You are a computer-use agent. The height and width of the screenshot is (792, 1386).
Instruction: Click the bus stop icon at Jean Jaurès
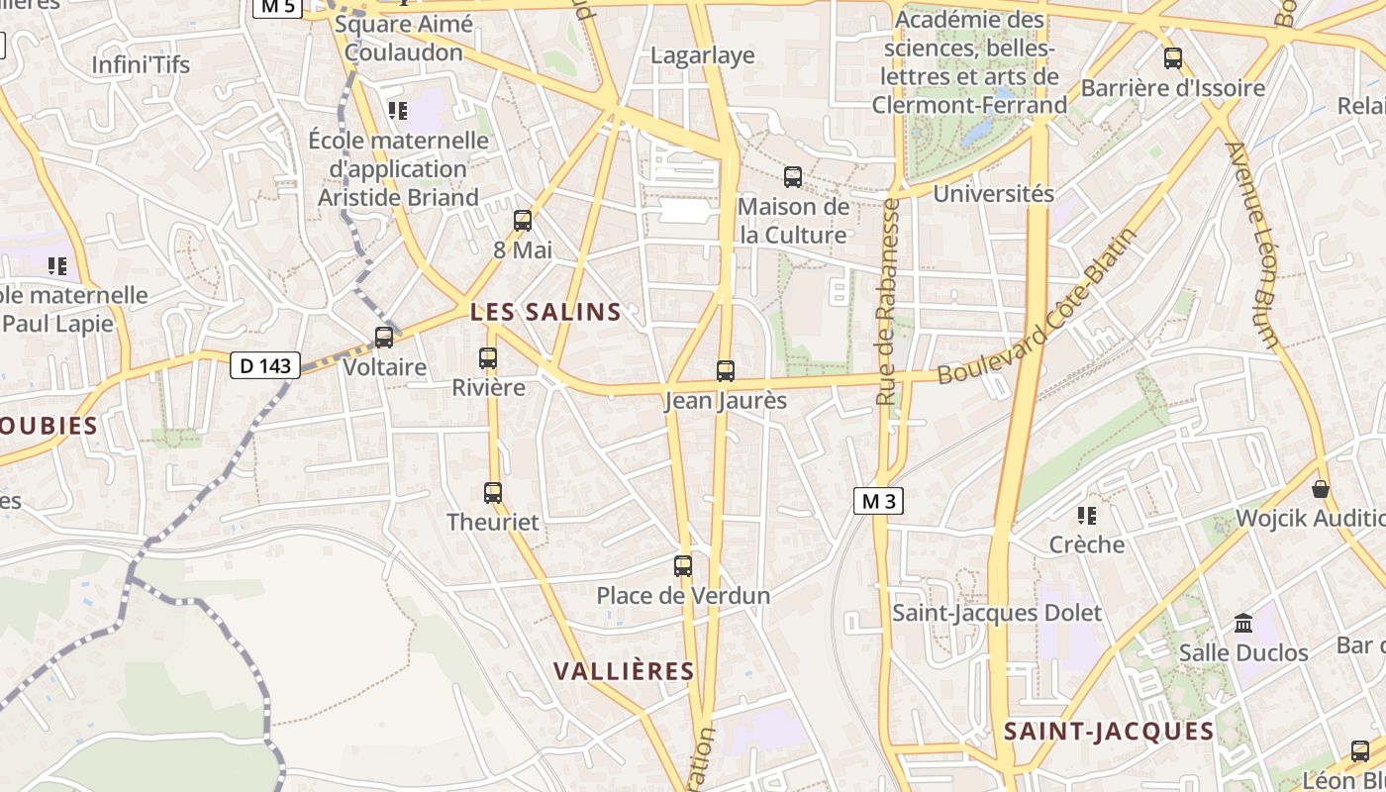(726, 371)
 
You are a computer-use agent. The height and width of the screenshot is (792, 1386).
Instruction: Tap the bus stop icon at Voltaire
(384, 338)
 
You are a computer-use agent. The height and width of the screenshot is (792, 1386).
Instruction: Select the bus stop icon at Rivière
(488, 358)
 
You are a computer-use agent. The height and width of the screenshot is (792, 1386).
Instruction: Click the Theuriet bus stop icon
(493, 492)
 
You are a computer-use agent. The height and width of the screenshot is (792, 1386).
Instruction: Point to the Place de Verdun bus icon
(683, 566)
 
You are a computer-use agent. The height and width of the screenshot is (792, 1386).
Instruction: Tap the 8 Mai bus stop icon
(523, 221)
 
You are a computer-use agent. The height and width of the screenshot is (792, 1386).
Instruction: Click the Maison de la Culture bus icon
(793, 177)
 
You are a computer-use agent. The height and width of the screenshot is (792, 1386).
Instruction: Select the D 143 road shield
(265, 365)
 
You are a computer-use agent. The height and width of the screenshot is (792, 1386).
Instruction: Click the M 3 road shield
(878, 501)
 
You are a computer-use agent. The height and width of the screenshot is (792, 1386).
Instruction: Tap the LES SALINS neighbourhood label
(545, 312)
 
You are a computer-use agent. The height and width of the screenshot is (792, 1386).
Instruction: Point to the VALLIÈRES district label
(624, 671)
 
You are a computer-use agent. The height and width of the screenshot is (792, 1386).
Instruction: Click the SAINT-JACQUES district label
(1109, 732)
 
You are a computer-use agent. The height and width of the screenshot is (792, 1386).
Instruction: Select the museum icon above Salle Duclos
(1243, 623)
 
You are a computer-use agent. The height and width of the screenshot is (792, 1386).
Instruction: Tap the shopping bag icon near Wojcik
(1321, 489)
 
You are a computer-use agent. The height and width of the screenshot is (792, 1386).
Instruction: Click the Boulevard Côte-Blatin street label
(1037, 307)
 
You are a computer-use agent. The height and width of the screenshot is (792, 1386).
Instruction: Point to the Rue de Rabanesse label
(888, 302)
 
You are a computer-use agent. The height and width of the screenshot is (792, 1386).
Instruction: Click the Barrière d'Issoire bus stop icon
(1173, 58)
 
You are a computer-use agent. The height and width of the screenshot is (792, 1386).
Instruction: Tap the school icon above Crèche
(1087, 516)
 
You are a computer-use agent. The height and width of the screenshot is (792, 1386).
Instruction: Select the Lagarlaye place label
(702, 55)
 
